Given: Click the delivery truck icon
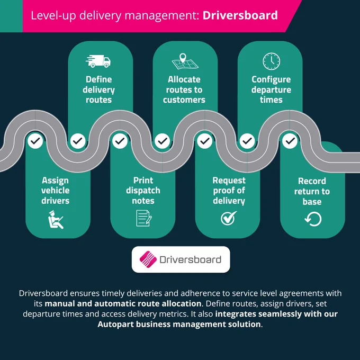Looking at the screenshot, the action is tap(98, 61).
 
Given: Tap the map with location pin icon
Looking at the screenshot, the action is tap(185, 61).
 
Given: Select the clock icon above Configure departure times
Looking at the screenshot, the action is tap(272, 61).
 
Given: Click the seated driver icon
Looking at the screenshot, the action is tap(56, 220).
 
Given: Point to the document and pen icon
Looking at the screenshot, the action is tap(143, 218).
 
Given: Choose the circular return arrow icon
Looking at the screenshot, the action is tap(313, 219).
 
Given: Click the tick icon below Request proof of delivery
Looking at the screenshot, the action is tap(229, 218).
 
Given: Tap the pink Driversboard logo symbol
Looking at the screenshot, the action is tap(148, 259).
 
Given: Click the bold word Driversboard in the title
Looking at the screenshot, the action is tap(240, 15).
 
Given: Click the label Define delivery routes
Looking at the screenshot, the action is tap(98, 89).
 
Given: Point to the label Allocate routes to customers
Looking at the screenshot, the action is tap(184, 89).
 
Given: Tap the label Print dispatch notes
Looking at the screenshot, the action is tap(143, 191).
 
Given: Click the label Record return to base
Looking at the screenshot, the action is tap(312, 191).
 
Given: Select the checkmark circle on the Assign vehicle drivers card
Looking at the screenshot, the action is tap(35, 141).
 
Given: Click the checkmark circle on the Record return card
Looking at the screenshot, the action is tap(290, 141).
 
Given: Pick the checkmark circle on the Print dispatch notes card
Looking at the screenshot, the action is tap(120, 141).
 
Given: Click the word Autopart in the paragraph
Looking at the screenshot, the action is tap(115, 325).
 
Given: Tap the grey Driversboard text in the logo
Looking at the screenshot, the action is tap(191, 259).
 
